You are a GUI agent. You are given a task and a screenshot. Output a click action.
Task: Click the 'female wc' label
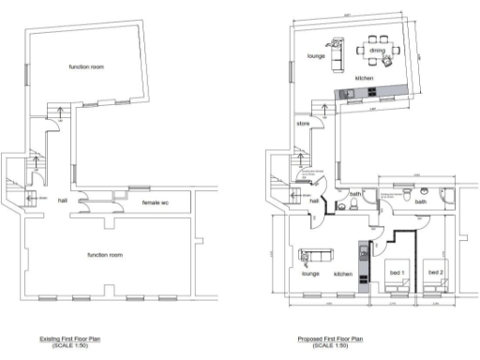156,202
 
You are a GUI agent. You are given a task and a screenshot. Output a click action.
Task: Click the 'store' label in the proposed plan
303,123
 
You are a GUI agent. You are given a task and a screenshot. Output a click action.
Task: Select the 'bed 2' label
435,272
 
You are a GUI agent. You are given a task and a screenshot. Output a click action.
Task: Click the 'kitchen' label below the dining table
365,78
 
